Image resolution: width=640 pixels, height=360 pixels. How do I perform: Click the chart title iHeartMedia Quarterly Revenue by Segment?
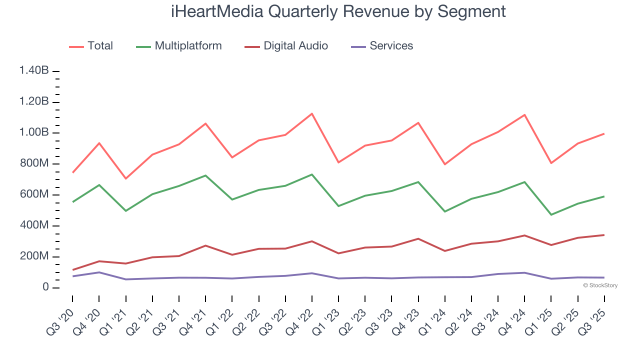point(338,11)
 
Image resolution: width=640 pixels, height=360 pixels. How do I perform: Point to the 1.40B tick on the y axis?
point(34,71)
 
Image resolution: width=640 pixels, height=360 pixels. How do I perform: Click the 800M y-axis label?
point(34,163)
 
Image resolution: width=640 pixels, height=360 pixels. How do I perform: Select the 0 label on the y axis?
point(45,287)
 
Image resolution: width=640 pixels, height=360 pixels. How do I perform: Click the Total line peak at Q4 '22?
point(312,113)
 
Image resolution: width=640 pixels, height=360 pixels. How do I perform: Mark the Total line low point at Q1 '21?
point(125,178)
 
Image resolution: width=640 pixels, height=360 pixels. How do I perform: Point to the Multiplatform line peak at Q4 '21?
point(205,175)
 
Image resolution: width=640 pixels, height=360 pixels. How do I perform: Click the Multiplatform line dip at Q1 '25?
point(551,214)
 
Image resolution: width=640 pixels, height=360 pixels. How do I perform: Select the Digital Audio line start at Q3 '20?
point(73,270)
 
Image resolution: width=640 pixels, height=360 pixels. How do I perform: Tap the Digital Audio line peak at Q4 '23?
point(418,238)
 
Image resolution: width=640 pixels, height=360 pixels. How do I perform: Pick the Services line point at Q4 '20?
point(99,272)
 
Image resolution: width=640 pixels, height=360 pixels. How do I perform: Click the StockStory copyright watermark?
point(600,285)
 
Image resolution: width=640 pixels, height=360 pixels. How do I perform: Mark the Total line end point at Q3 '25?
point(604,133)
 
